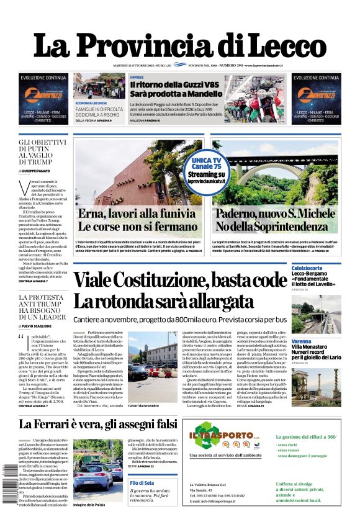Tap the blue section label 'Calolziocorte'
point(309,268)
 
